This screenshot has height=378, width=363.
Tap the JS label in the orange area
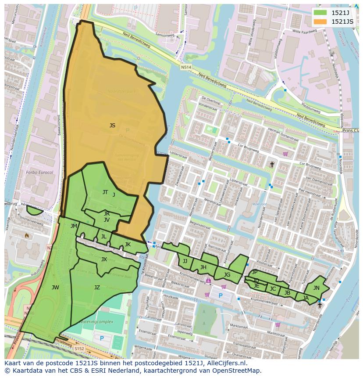(112, 126)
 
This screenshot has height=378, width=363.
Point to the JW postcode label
(55, 288)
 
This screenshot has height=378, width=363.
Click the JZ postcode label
(97, 288)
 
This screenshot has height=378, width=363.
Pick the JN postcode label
(316, 288)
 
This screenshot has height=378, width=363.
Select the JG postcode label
(227, 275)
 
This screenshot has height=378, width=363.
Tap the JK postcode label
(128, 245)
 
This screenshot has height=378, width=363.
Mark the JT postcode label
(105, 192)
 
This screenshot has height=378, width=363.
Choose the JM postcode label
(74, 226)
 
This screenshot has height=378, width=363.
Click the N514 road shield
(186, 67)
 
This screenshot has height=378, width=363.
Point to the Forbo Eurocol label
(39, 173)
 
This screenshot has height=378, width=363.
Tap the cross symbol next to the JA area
(320, 305)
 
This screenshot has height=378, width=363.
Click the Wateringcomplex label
(96, 322)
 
